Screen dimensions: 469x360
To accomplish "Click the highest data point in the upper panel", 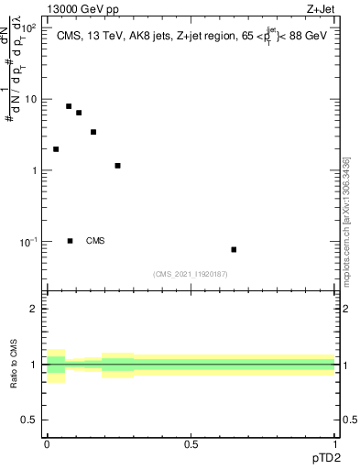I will tap(69, 106).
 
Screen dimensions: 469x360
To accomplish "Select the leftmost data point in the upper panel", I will tap(56, 149).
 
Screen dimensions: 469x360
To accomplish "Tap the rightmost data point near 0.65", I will tap(234, 249).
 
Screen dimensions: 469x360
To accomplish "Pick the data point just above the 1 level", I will tap(118, 166).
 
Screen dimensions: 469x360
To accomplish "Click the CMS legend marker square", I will tap(70, 241).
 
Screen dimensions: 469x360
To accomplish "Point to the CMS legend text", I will tap(95, 241).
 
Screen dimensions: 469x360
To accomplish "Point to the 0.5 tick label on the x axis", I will tap(191, 444).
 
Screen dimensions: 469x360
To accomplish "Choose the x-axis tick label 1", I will tap(336, 444).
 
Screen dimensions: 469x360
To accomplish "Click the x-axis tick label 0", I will tap(47, 444).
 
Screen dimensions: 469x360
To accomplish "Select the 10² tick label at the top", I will tap(30, 27).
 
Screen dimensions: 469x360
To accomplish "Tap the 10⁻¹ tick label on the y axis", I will tap(30, 241).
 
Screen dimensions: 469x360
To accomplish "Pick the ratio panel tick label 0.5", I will tap(33, 420).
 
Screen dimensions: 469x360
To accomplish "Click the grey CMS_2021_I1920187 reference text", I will tap(191, 274).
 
